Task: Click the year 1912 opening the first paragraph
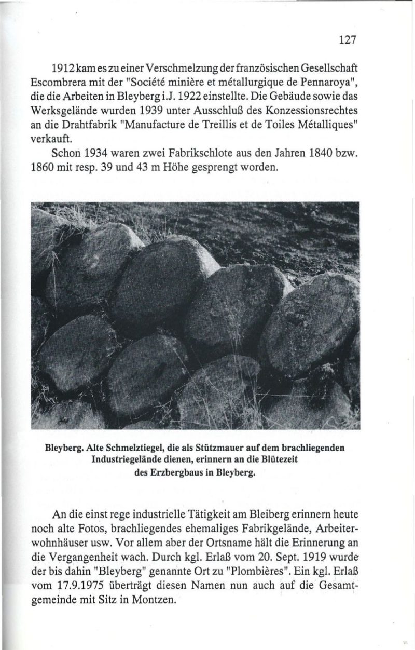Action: pyautogui.click(x=65, y=69)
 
